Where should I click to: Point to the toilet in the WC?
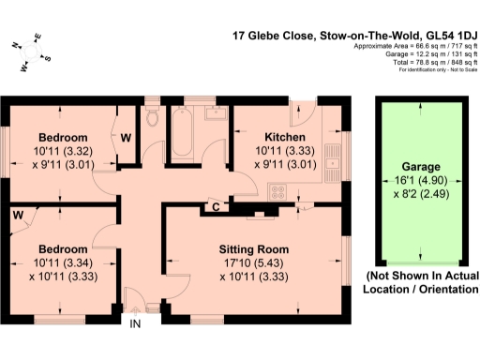pos(154,117)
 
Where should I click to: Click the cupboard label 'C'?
pos(216,206)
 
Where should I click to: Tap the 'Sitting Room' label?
pos(253,249)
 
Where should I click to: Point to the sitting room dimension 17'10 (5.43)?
pos(253,263)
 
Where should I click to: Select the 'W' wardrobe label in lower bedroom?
pos(17,213)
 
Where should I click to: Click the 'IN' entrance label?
pos(135,324)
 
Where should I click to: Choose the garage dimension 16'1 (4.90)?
pos(420,185)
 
